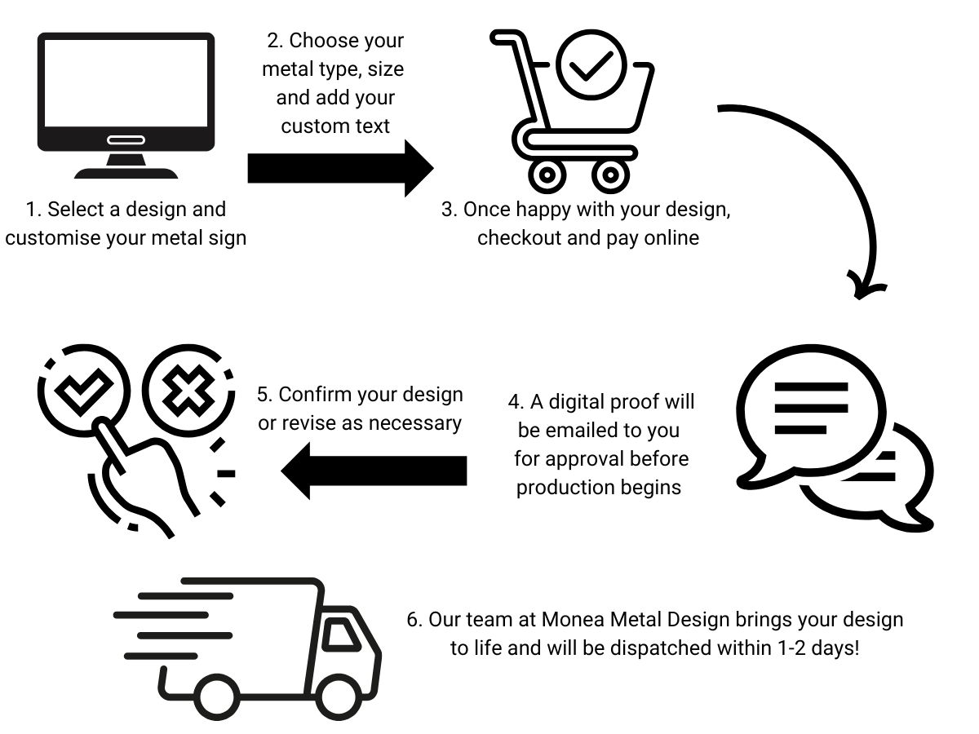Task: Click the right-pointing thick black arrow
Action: [x=339, y=167]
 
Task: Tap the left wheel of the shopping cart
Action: [x=546, y=173]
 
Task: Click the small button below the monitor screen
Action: [x=126, y=140]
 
